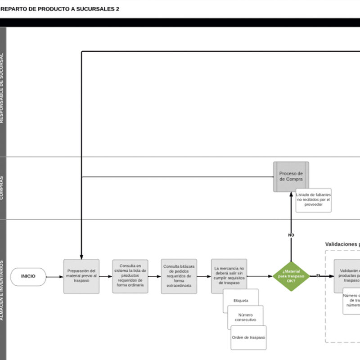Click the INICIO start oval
[x=28, y=276]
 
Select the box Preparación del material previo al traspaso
[x=81, y=276]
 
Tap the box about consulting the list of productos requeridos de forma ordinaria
[x=130, y=276]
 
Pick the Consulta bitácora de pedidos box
[x=179, y=276]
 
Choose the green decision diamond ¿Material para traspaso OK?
[x=291, y=276]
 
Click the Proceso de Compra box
[x=291, y=176]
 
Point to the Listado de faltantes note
[x=313, y=200]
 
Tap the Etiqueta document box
[x=241, y=300]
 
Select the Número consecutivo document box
[x=245, y=317]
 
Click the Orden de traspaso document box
[x=248, y=337]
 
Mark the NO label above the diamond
[x=291, y=235]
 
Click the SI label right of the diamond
[x=318, y=275]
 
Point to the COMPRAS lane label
[x=3, y=188]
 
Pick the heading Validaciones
[x=342, y=244]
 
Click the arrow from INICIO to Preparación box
[x=54, y=276]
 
